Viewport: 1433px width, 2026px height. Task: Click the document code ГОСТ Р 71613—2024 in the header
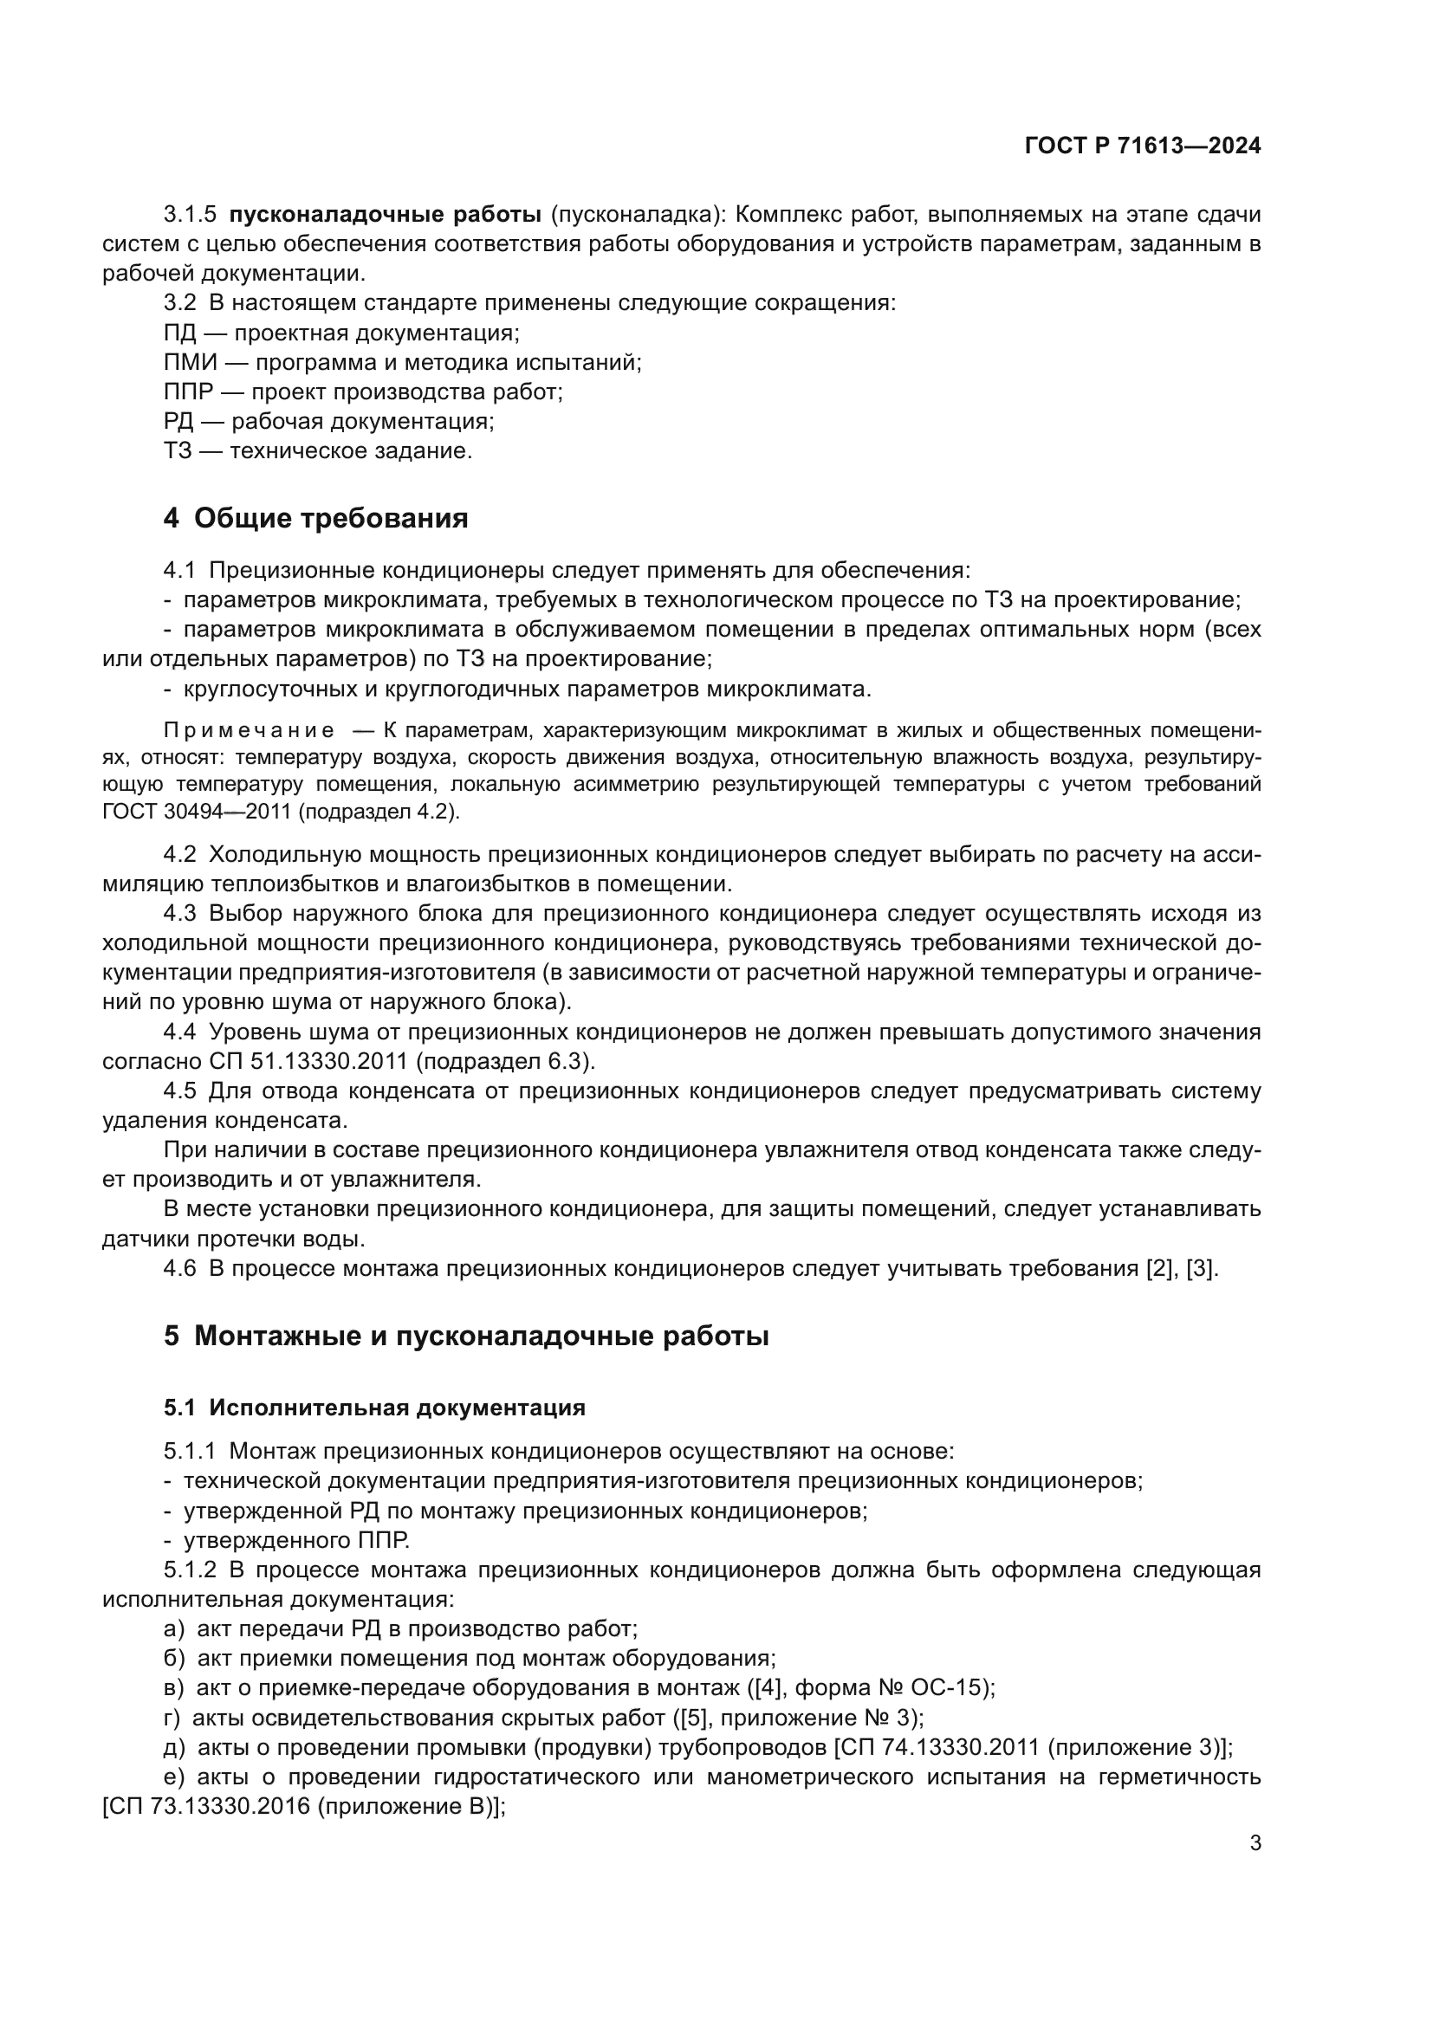coord(1143,146)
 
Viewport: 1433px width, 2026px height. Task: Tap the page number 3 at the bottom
coord(1255,1842)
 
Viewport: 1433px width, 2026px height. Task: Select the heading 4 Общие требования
coord(315,518)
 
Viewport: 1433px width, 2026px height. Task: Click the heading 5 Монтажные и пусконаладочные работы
coord(466,1336)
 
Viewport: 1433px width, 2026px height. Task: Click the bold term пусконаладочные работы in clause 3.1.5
coord(385,215)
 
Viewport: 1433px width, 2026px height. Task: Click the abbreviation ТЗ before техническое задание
coord(178,451)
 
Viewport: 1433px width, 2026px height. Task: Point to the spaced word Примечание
coord(250,731)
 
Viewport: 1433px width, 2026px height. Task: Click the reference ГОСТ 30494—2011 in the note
coord(196,812)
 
